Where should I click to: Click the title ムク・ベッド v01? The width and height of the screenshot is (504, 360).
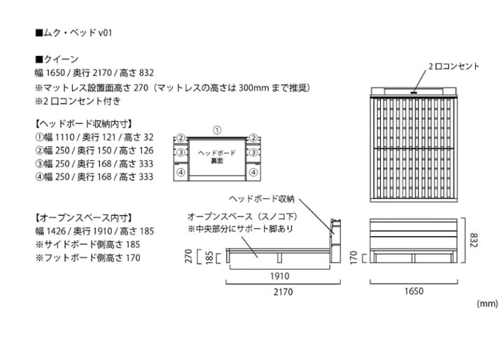coord(73,33)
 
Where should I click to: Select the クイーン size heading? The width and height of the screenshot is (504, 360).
coord(57,60)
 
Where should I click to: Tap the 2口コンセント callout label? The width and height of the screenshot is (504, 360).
coord(454,67)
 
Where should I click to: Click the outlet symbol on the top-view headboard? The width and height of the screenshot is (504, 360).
coord(414,92)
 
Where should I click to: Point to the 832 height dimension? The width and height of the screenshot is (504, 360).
coord(474,240)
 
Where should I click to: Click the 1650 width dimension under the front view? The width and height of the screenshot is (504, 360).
coord(414,291)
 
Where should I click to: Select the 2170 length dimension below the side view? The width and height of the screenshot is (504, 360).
coord(283,292)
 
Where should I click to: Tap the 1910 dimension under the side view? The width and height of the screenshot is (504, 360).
coord(279,276)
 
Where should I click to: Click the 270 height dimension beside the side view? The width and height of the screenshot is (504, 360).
coord(189,256)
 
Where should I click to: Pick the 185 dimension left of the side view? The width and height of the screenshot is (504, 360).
coord(209,258)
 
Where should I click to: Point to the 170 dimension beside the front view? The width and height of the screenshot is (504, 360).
coord(353,258)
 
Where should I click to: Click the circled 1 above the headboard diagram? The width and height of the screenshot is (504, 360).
coord(217,130)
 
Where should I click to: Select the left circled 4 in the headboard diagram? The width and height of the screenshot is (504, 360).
coord(181,172)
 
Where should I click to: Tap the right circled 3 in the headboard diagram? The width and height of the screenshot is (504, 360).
coord(253,152)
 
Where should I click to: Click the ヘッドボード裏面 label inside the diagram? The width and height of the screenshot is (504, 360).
coord(217,157)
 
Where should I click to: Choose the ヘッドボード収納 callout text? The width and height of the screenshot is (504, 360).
coord(262,199)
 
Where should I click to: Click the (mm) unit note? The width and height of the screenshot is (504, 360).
coord(487,303)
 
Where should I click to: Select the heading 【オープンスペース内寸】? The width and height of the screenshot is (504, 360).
coord(83,218)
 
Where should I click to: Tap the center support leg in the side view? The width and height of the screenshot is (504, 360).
coord(279,258)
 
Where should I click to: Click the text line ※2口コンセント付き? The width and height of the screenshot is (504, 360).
coord(78,101)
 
